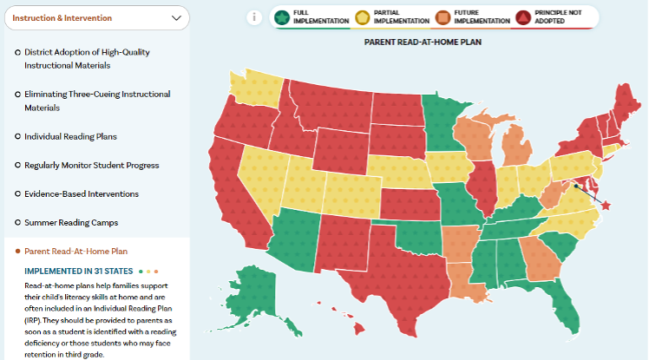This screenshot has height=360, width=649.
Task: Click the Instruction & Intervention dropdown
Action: [x=95, y=17]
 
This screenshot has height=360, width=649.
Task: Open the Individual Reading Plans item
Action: [x=70, y=136]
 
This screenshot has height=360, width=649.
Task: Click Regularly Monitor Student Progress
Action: [x=91, y=165]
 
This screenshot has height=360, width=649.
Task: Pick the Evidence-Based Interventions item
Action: [x=81, y=193]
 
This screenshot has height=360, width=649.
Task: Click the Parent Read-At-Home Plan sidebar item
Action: [x=76, y=251]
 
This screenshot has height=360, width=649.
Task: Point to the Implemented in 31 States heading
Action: [x=77, y=271]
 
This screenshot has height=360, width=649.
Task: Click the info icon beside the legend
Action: [x=254, y=16]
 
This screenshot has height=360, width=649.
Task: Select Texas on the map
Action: [x=395, y=269]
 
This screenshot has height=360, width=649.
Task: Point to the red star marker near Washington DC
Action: [x=606, y=206]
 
